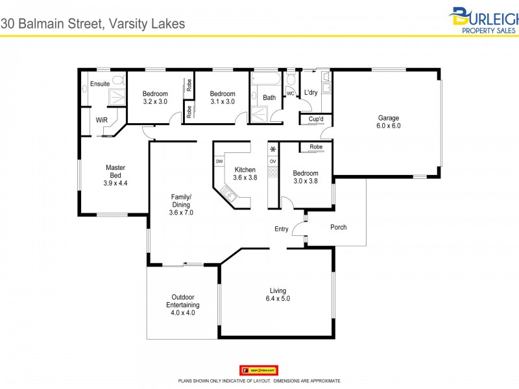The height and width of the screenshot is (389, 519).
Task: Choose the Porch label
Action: click(339, 227)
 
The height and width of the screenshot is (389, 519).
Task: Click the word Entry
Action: click(282, 229)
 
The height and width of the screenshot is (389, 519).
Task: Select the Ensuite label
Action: click(100, 84)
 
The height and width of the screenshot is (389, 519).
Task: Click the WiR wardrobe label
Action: click(101, 120)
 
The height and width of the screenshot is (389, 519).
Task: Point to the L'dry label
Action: click(311, 92)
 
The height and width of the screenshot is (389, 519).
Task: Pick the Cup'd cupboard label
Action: click(316, 119)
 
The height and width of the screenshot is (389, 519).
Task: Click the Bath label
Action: click(269, 98)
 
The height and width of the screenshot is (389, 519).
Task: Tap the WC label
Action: click(291, 93)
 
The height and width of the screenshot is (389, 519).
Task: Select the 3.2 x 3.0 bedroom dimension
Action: click(155, 102)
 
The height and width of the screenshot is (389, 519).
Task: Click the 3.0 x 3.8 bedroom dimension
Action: click(305, 182)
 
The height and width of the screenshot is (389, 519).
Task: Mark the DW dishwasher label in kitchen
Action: click(219, 161)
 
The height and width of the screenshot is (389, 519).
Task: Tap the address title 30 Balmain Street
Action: click(93, 23)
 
